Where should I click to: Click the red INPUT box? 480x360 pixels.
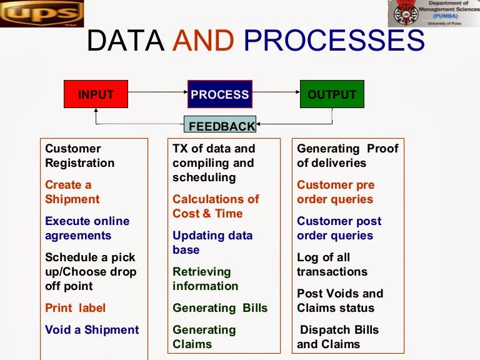click(96, 94)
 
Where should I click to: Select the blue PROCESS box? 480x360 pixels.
click(220, 94)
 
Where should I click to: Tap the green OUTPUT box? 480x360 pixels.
click(331, 94)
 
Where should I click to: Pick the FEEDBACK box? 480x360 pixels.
click(221, 125)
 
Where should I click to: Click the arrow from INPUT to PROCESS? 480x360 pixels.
click(157, 93)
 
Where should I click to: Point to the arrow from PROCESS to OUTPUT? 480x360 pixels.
click(276, 93)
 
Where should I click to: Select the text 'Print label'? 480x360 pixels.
click(75, 308)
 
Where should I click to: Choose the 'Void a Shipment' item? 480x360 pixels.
click(92, 329)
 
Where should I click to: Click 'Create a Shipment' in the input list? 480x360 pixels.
click(72, 192)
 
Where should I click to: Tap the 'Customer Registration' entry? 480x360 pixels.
click(79, 156)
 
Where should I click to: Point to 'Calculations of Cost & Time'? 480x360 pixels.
click(216, 206)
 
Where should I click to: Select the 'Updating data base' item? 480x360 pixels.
click(212, 242)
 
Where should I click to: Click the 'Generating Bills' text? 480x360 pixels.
click(220, 308)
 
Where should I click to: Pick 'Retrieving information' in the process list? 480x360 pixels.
click(205, 279)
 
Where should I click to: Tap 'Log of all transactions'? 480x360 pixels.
click(332, 264)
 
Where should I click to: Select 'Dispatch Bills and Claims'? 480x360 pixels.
click(338, 337)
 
